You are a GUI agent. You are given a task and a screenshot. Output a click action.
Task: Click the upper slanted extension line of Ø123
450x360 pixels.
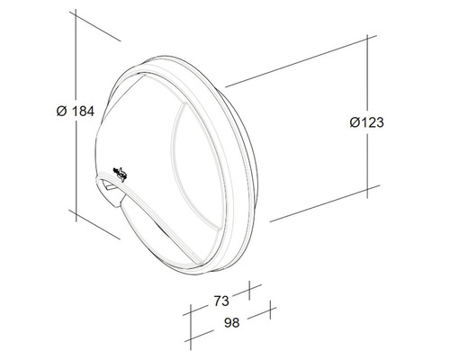tap(297, 63)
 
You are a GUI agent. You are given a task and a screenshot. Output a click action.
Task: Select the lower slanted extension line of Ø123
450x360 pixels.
tap(315, 202)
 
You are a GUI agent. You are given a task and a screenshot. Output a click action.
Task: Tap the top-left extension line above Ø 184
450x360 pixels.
tap(94, 27)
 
